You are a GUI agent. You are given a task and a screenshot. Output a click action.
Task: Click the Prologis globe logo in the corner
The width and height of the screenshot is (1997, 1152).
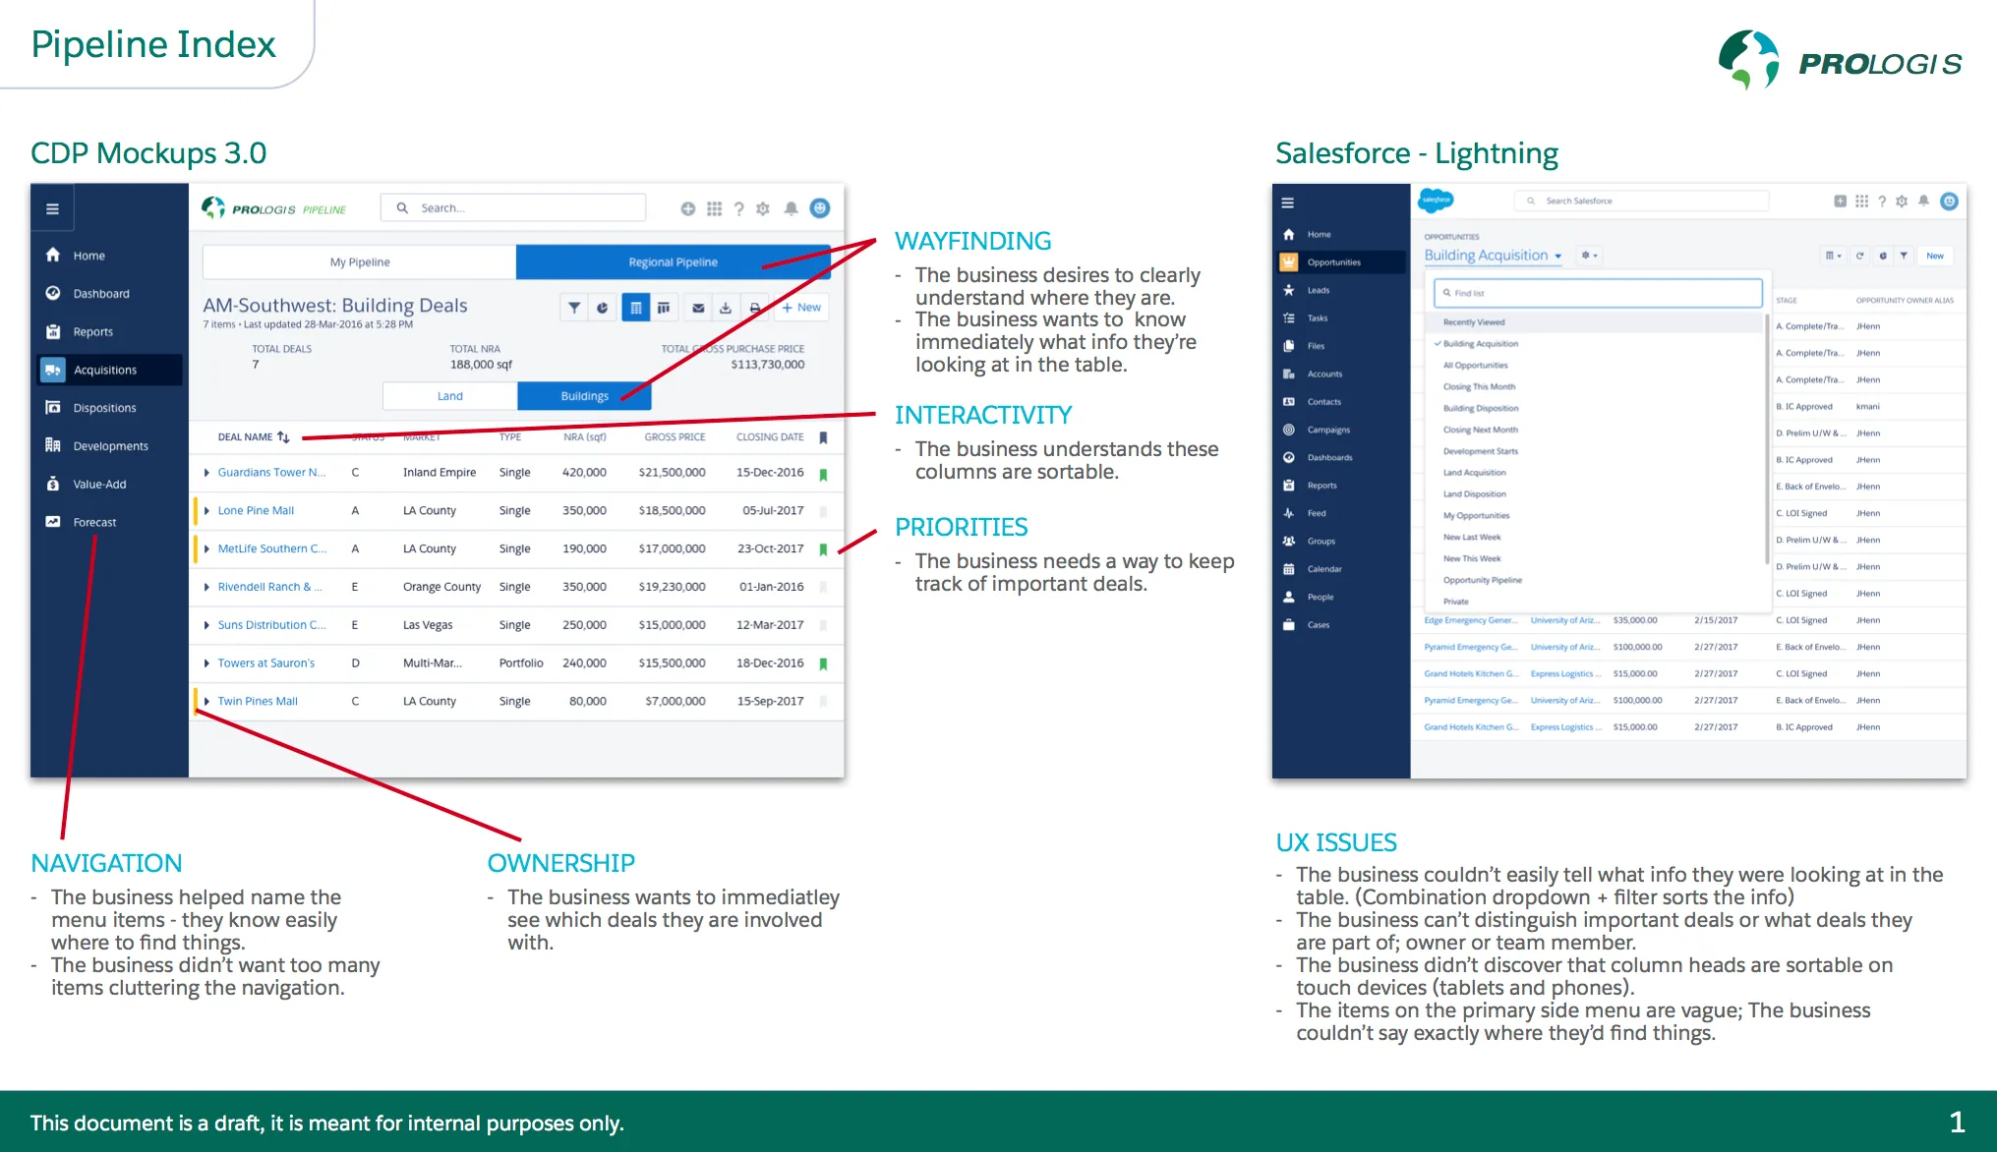click(1748, 59)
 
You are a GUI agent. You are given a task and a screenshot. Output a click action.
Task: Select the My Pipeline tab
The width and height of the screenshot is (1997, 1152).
click(360, 262)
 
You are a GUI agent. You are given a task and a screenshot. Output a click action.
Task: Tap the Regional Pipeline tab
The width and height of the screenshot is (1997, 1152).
click(673, 262)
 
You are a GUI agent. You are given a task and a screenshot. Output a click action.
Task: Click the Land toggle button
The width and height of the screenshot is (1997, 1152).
click(449, 396)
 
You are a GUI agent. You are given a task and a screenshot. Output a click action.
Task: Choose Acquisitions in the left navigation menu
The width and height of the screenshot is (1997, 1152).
click(105, 370)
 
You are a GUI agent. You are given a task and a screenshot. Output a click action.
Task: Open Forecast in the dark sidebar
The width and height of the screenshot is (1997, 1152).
click(94, 522)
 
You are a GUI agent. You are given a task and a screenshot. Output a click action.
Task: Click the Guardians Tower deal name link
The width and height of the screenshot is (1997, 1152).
click(271, 473)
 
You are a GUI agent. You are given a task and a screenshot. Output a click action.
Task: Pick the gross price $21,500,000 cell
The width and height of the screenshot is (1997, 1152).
click(672, 473)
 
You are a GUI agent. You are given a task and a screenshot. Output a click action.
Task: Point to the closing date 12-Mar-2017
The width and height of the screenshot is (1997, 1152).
click(770, 625)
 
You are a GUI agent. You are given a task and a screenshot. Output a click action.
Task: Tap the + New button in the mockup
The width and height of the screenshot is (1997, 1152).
click(802, 308)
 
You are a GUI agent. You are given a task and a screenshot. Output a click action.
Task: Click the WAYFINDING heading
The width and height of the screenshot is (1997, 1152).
click(972, 241)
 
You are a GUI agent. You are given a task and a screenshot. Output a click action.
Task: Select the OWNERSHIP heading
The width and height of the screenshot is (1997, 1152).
click(560, 863)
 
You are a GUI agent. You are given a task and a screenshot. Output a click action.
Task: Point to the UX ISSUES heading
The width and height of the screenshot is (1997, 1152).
click(1335, 842)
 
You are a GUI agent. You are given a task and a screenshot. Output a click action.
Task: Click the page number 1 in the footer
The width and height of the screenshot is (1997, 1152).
click(1957, 1122)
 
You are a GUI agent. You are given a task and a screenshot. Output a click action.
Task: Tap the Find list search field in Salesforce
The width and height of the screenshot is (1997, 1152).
click(1598, 293)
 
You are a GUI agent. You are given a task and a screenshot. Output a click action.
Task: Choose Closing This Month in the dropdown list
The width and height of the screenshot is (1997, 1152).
click(1479, 387)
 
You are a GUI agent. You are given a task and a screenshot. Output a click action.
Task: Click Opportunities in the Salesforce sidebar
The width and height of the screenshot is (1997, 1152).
click(1333, 262)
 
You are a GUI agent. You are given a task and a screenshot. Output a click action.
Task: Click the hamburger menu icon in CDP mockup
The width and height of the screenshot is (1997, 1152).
click(52, 208)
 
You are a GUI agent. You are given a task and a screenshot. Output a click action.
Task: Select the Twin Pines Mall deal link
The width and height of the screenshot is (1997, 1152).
click(258, 702)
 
